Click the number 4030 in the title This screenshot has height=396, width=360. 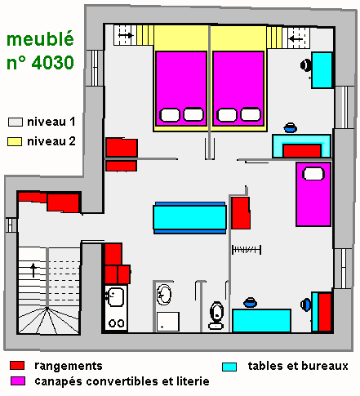click(x=53, y=63)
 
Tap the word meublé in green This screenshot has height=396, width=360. click(x=40, y=39)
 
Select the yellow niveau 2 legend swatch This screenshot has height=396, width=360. click(x=15, y=141)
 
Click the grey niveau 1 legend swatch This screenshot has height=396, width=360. click(x=16, y=122)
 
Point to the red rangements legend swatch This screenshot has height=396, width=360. click(x=17, y=366)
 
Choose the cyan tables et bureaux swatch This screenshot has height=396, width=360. click(x=229, y=367)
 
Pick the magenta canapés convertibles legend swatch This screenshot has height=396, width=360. click(x=18, y=380)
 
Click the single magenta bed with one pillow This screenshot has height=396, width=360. click(x=313, y=194)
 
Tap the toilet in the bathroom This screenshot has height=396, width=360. click(x=216, y=315)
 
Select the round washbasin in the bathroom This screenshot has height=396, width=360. click(x=164, y=295)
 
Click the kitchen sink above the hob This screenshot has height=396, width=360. click(x=115, y=296)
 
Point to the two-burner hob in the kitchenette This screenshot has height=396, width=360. click(x=117, y=323)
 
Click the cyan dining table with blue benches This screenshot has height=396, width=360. click(x=189, y=218)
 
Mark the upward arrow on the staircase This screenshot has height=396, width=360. click(x=33, y=270)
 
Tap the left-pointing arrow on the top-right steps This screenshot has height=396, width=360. click(x=296, y=39)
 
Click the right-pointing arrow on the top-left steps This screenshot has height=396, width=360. click(x=126, y=35)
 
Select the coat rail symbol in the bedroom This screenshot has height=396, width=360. click(x=247, y=250)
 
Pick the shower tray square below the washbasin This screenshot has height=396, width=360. click(x=168, y=322)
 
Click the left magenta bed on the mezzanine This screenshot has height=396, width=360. click(x=181, y=88)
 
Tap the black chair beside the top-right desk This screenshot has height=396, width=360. click(x=306, y=65)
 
